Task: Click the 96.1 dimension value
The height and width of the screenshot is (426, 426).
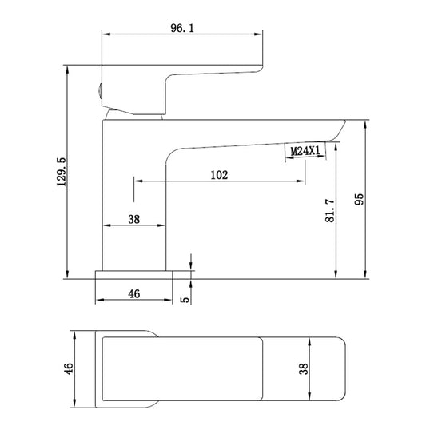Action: tap(182, 28)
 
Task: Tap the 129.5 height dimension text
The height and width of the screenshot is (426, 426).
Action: tap(62, 171)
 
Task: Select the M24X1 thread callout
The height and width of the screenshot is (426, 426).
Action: tap(305, 151)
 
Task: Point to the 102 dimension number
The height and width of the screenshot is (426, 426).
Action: tap(219, 175)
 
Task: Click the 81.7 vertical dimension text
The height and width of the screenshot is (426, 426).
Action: tap(330, 210)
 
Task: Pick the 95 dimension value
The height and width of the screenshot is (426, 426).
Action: tap(359, 199)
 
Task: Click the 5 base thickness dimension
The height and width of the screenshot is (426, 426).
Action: tap(185, 300)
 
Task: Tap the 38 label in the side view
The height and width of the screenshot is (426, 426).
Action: tap(134, 219)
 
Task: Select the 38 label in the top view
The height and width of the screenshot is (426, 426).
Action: tap(304, 368)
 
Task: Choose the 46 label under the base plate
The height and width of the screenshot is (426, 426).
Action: tap(134, 293)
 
